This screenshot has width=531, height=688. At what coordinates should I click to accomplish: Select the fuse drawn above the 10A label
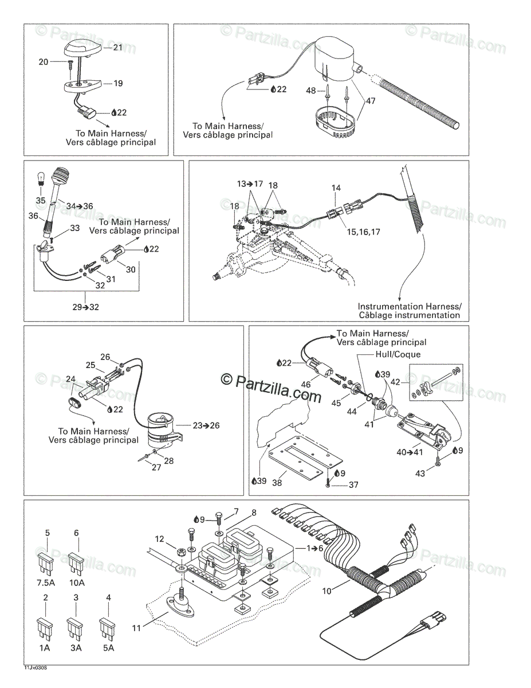[x=76, y=561]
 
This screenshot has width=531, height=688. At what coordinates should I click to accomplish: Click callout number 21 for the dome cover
[x=117, y=47]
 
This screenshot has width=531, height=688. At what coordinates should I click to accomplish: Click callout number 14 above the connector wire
[x=336, y=187]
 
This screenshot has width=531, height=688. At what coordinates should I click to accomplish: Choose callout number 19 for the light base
[x=117, y=83]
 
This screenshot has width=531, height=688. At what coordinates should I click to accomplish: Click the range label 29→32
[x=86, y=307]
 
